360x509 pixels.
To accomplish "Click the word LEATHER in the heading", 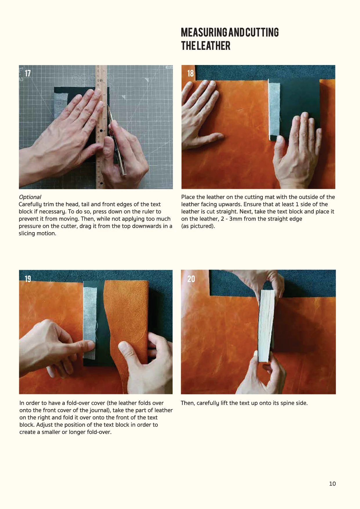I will click(214, 46).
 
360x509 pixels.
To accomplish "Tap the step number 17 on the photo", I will click(28, 73).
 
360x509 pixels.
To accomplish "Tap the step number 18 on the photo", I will click(190, 73).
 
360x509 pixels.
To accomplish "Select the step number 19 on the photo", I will click(28, 279).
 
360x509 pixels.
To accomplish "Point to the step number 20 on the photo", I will click(191, 279).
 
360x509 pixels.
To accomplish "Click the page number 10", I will click(332, 484).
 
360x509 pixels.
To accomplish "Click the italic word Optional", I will click(30, 197).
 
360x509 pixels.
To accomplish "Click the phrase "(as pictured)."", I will click(198, 226).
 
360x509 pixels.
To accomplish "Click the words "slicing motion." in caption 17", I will click(37, 233).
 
